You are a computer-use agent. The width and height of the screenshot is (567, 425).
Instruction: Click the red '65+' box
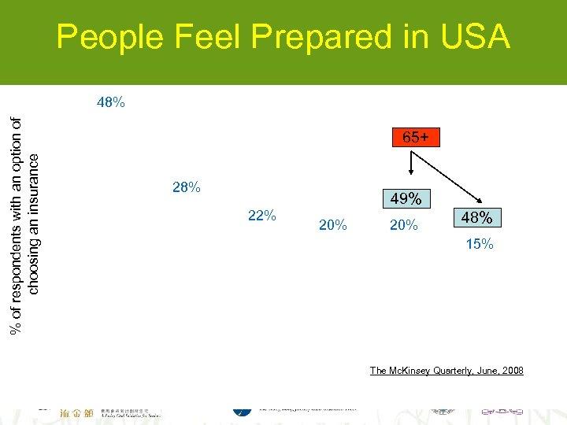pos(416,137)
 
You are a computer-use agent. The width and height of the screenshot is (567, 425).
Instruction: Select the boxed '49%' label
pos(405,200)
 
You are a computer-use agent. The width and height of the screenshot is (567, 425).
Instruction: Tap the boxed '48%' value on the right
pos(477,218)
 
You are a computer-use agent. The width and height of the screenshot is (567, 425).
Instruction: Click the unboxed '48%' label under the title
pos(110,102)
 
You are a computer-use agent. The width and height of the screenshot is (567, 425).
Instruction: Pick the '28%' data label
pos(186,188)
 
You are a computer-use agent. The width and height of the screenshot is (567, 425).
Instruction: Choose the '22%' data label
pos(261,216)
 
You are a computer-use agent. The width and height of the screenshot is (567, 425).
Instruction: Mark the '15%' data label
pos(479,245)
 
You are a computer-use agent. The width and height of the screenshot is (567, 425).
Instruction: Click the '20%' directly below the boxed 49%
pos(404,226)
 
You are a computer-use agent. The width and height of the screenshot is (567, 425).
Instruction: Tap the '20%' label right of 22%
pos(332,226)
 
